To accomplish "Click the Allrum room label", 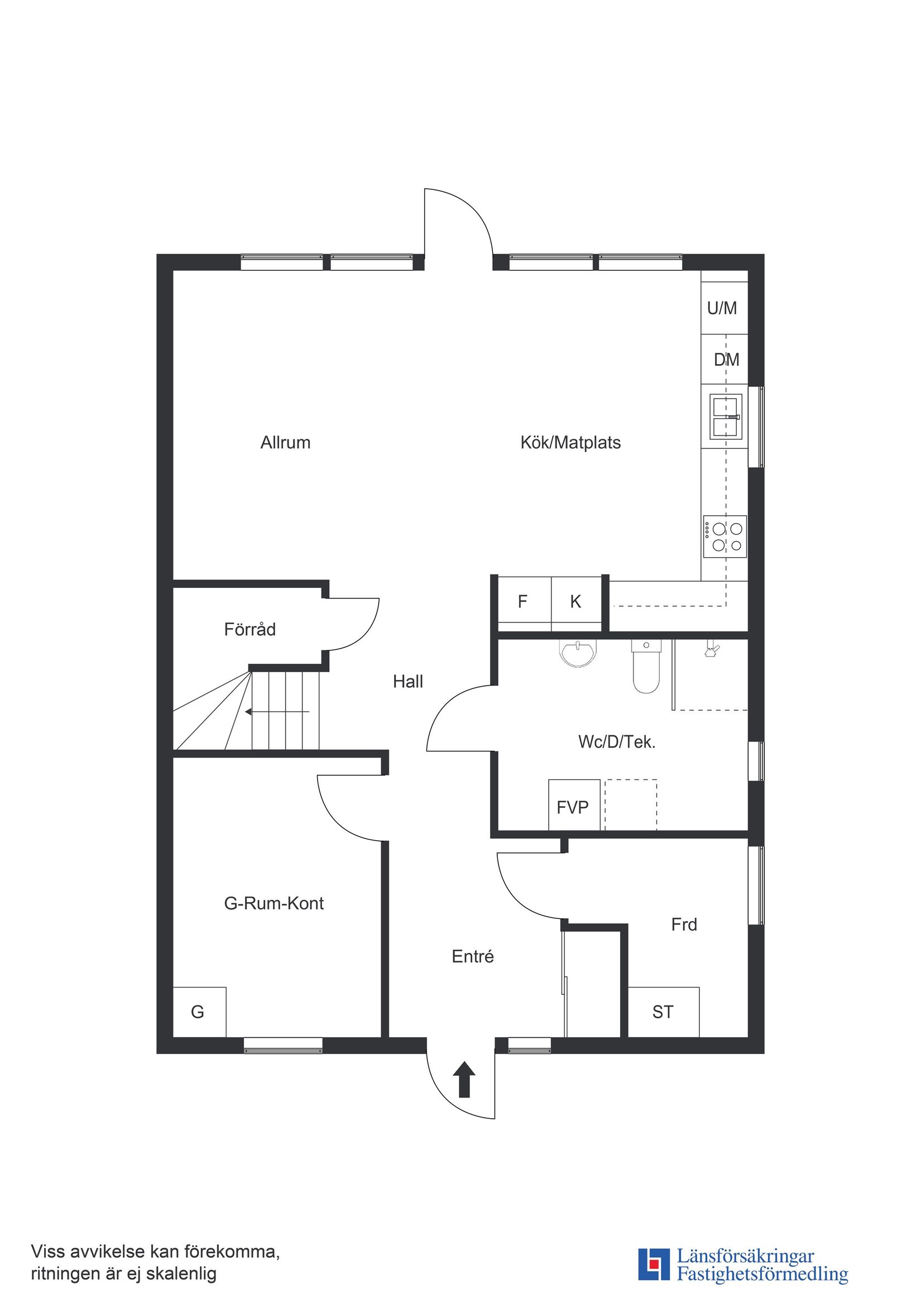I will [285, 443].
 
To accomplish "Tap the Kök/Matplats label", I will [570, 443].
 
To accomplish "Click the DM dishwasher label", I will [726, 360].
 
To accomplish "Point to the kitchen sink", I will [725, 418].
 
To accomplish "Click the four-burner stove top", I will [725, 537].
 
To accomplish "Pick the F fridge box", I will [522, 602].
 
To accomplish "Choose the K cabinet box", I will [575, 602].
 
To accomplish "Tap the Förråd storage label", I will [250, 629].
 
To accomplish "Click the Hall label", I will [408, 682].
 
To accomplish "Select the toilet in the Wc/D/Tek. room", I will [646, 668].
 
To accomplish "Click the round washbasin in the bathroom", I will [578, 653].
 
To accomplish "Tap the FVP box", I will [573, 808].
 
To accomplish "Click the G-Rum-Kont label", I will [274, 903].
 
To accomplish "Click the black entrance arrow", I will [464, 1079].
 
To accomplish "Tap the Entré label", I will [473, 957].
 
